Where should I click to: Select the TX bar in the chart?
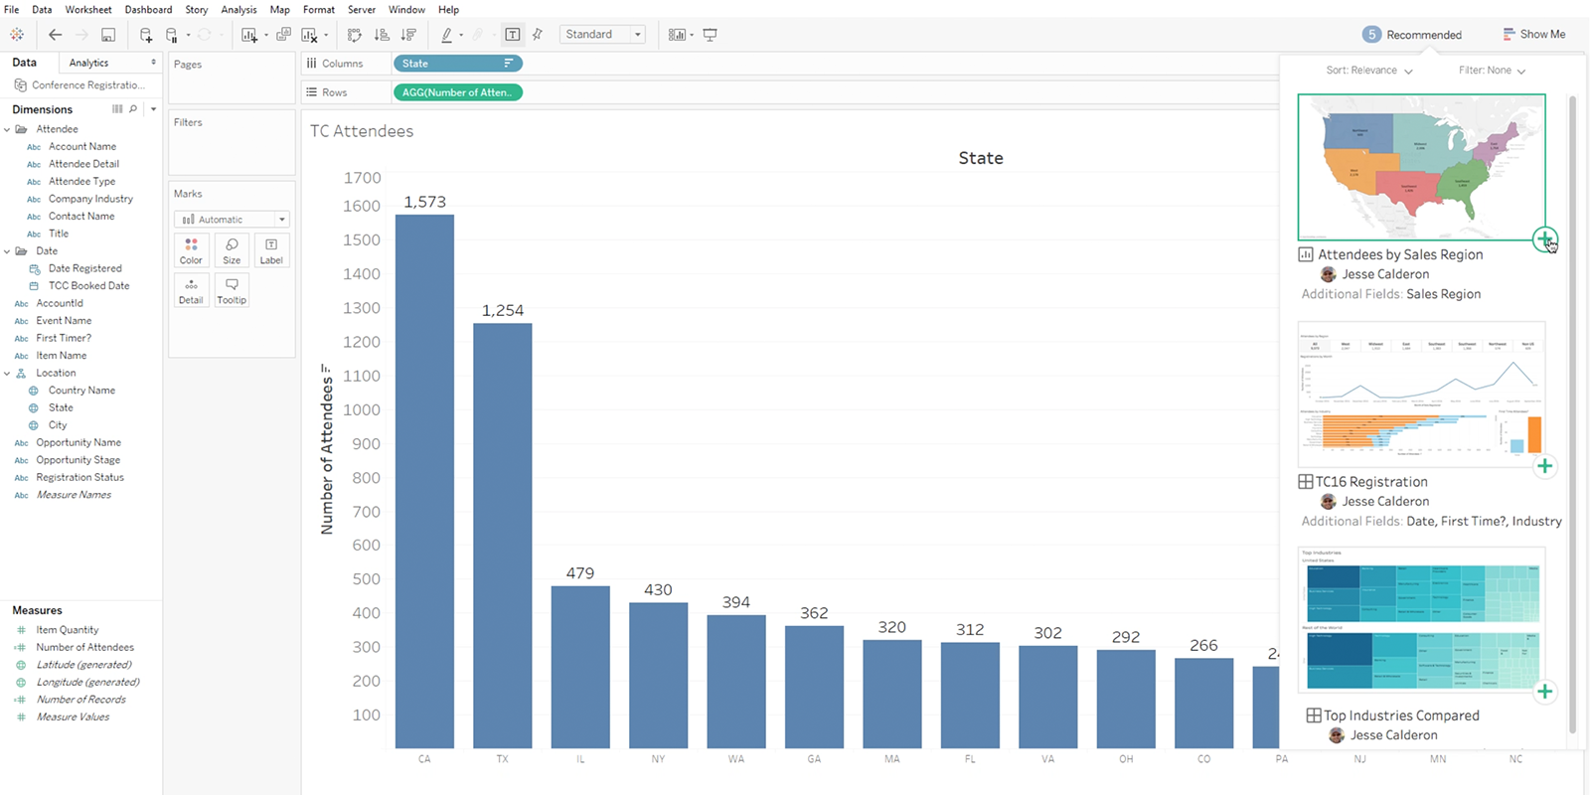tap(502, 536)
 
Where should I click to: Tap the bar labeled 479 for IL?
tap(580, 667)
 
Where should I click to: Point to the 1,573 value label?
tap(424, 202)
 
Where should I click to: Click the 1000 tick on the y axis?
tap(362, 409)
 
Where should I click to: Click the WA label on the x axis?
tap(735, 759)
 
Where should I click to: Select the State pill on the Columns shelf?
tap(457, 64)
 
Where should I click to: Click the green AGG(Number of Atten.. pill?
tap(457, 92)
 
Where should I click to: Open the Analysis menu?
tap(238, 10)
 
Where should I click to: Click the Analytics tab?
tap(89, 63)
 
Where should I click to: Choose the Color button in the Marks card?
tap(191, 250)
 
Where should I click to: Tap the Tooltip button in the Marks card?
tap(232, 290)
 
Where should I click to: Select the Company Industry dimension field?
tap(90, 199)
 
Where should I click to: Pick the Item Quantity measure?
tap(68, 630)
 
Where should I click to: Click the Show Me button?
tap(1534, 34)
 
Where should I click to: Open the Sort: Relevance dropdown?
tap(1368, 71)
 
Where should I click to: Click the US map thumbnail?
tap(1421, 167)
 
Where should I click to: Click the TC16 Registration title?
tap(1371, 482)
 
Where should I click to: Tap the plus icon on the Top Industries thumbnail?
tap(1544, 692)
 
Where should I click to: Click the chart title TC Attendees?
tap(362, 131)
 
